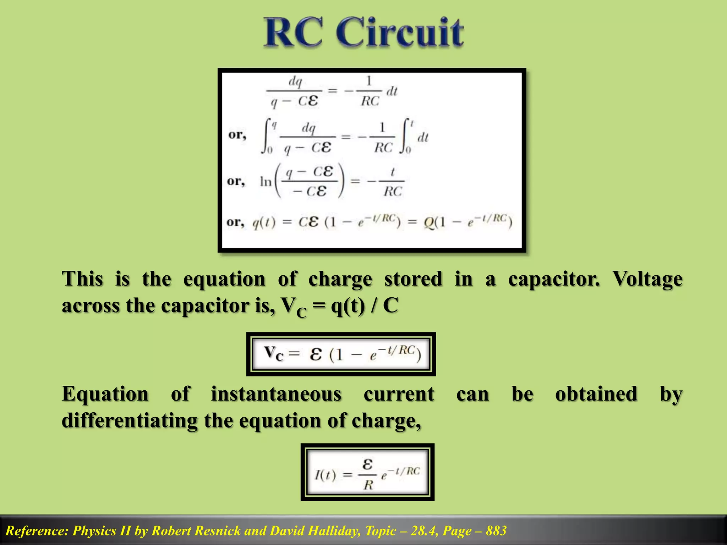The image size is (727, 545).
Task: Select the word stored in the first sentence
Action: click(x=414, y=279)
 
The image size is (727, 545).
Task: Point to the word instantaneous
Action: click(x=276, y=394)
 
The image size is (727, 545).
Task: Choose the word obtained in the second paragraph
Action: click(x=596, y=394)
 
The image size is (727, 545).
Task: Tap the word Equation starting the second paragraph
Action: click(x=105, y=394)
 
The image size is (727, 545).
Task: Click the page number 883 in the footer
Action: click(x=496, y=531)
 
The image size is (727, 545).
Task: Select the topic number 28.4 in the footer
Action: click(x=422, y=531)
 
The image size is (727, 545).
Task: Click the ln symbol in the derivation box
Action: click(x=266, y=182)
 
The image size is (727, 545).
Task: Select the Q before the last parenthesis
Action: click(x=429, y=223)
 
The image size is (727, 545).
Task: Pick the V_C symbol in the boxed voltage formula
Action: click(x=274, y=354)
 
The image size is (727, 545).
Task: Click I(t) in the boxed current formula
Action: click(x=325, y=474)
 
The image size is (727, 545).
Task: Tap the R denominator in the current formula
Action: click(x=368, y=485)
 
